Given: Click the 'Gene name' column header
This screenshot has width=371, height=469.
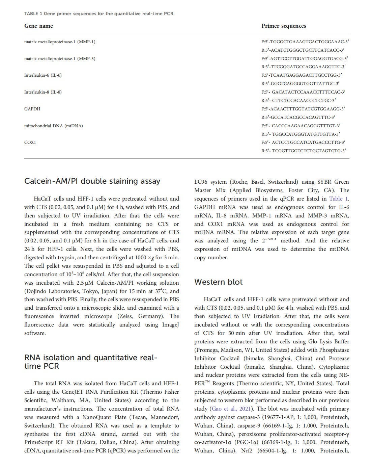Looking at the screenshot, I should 38,26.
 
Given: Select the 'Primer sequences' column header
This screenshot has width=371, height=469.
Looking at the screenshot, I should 284,26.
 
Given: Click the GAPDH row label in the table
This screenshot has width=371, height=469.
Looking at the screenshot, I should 32,109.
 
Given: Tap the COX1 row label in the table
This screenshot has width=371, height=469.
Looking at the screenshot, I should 30,142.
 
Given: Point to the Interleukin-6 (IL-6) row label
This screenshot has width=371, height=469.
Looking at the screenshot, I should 43,75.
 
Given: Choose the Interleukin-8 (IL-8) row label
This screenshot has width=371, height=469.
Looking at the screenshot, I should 43,92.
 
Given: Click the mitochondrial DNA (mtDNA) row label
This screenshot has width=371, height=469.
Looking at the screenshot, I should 53,126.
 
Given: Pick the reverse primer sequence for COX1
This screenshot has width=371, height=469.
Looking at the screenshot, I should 304,151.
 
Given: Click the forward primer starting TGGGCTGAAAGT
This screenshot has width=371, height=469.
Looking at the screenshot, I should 305,42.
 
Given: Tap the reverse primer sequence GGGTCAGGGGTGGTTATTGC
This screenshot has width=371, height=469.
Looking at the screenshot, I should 300,84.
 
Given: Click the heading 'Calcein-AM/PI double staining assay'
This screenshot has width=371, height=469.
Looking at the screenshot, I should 92,181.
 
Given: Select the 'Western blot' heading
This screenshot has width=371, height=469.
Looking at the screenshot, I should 218,282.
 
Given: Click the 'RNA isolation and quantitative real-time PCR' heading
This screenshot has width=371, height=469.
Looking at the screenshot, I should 90,362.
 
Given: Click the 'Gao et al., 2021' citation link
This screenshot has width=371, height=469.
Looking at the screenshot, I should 231,409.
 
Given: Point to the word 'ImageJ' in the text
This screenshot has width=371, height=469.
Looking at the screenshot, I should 170,325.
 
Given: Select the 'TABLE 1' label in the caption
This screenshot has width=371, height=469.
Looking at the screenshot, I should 33,14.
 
